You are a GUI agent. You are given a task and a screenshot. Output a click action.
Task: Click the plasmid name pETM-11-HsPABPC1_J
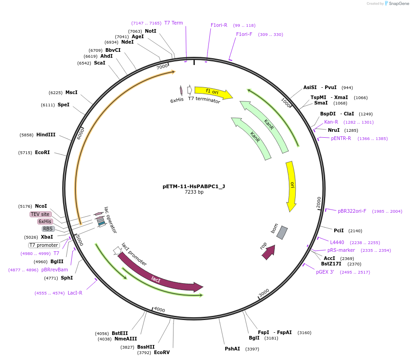coord(194,186)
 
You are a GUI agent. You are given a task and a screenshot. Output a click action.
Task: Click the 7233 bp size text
coord(194,192)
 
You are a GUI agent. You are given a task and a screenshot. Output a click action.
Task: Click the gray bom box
coord(282,232)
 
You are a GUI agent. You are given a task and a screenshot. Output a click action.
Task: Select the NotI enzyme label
coord(150,31)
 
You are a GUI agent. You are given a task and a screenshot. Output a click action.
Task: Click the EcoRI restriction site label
coord(42,153)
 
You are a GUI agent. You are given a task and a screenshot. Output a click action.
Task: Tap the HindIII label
coord(46,135)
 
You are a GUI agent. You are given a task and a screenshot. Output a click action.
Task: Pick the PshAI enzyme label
coord(232,349)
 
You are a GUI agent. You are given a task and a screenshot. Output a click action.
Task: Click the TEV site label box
coord(40,214)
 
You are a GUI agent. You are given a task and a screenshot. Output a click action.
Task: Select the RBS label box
coord(48,229)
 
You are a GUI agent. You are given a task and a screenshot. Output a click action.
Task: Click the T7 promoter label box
coord(44,245)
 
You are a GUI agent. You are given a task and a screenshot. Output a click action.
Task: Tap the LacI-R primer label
coord(75,293)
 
